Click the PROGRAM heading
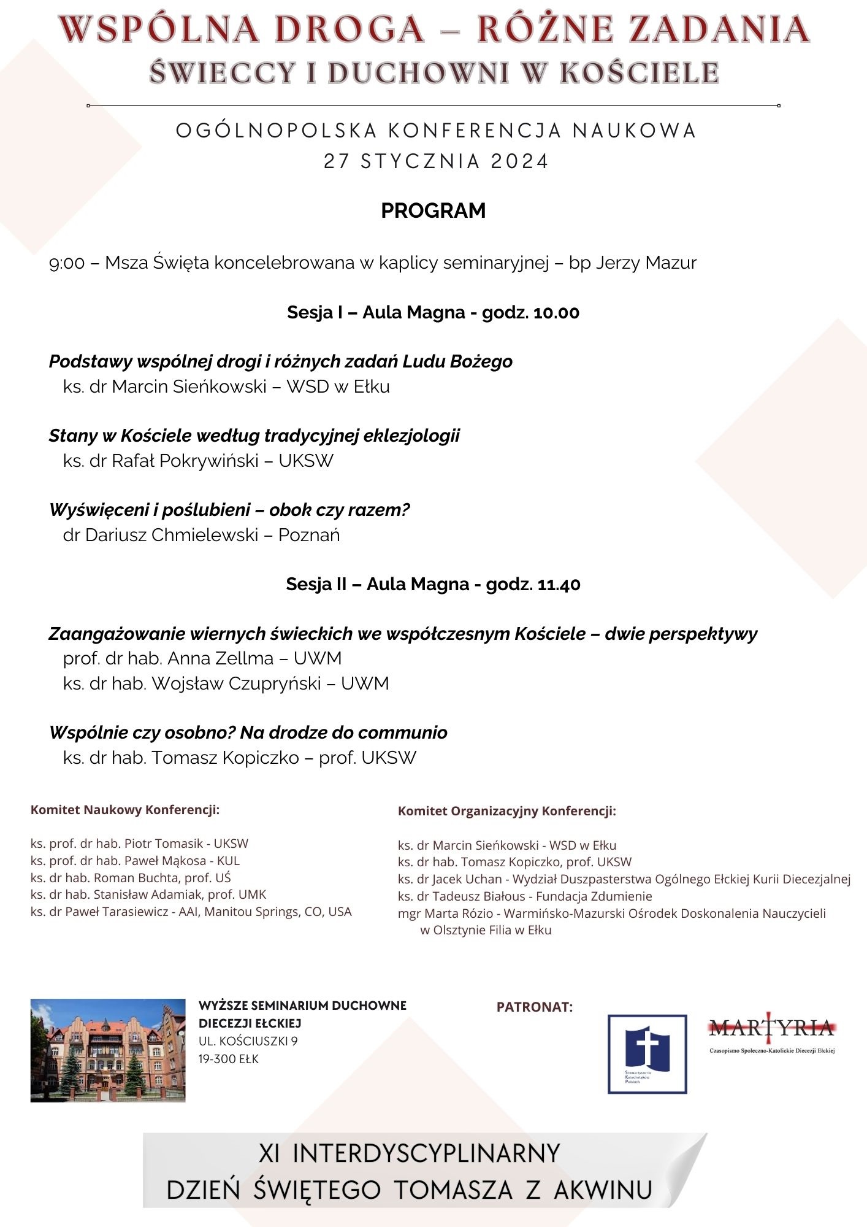(x=433, y=210)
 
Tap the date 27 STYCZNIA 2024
(x=435, y=161)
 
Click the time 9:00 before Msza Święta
(x=67, y=263)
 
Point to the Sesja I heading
(x=433, y=312)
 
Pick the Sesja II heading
(x=433, y=584)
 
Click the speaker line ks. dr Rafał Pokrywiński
(x=198, y=461)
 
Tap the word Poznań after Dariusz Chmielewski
(x=309, y=535)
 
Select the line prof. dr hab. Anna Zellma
(x=202, y=658)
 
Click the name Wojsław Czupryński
(x=236, y=683)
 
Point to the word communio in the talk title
(x=402, y=733)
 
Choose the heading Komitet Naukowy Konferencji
(x=125, y=810)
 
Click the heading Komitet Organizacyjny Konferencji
(x=506, y=811)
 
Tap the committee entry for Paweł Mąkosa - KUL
(x=135, y=861)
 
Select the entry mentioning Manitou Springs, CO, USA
(x=191, y=912)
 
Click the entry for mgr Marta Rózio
(x=611, y=914)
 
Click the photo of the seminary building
(x=108, y=1050)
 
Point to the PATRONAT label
(x=535, y=1007)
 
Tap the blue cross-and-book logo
(x=647, y=1053)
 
